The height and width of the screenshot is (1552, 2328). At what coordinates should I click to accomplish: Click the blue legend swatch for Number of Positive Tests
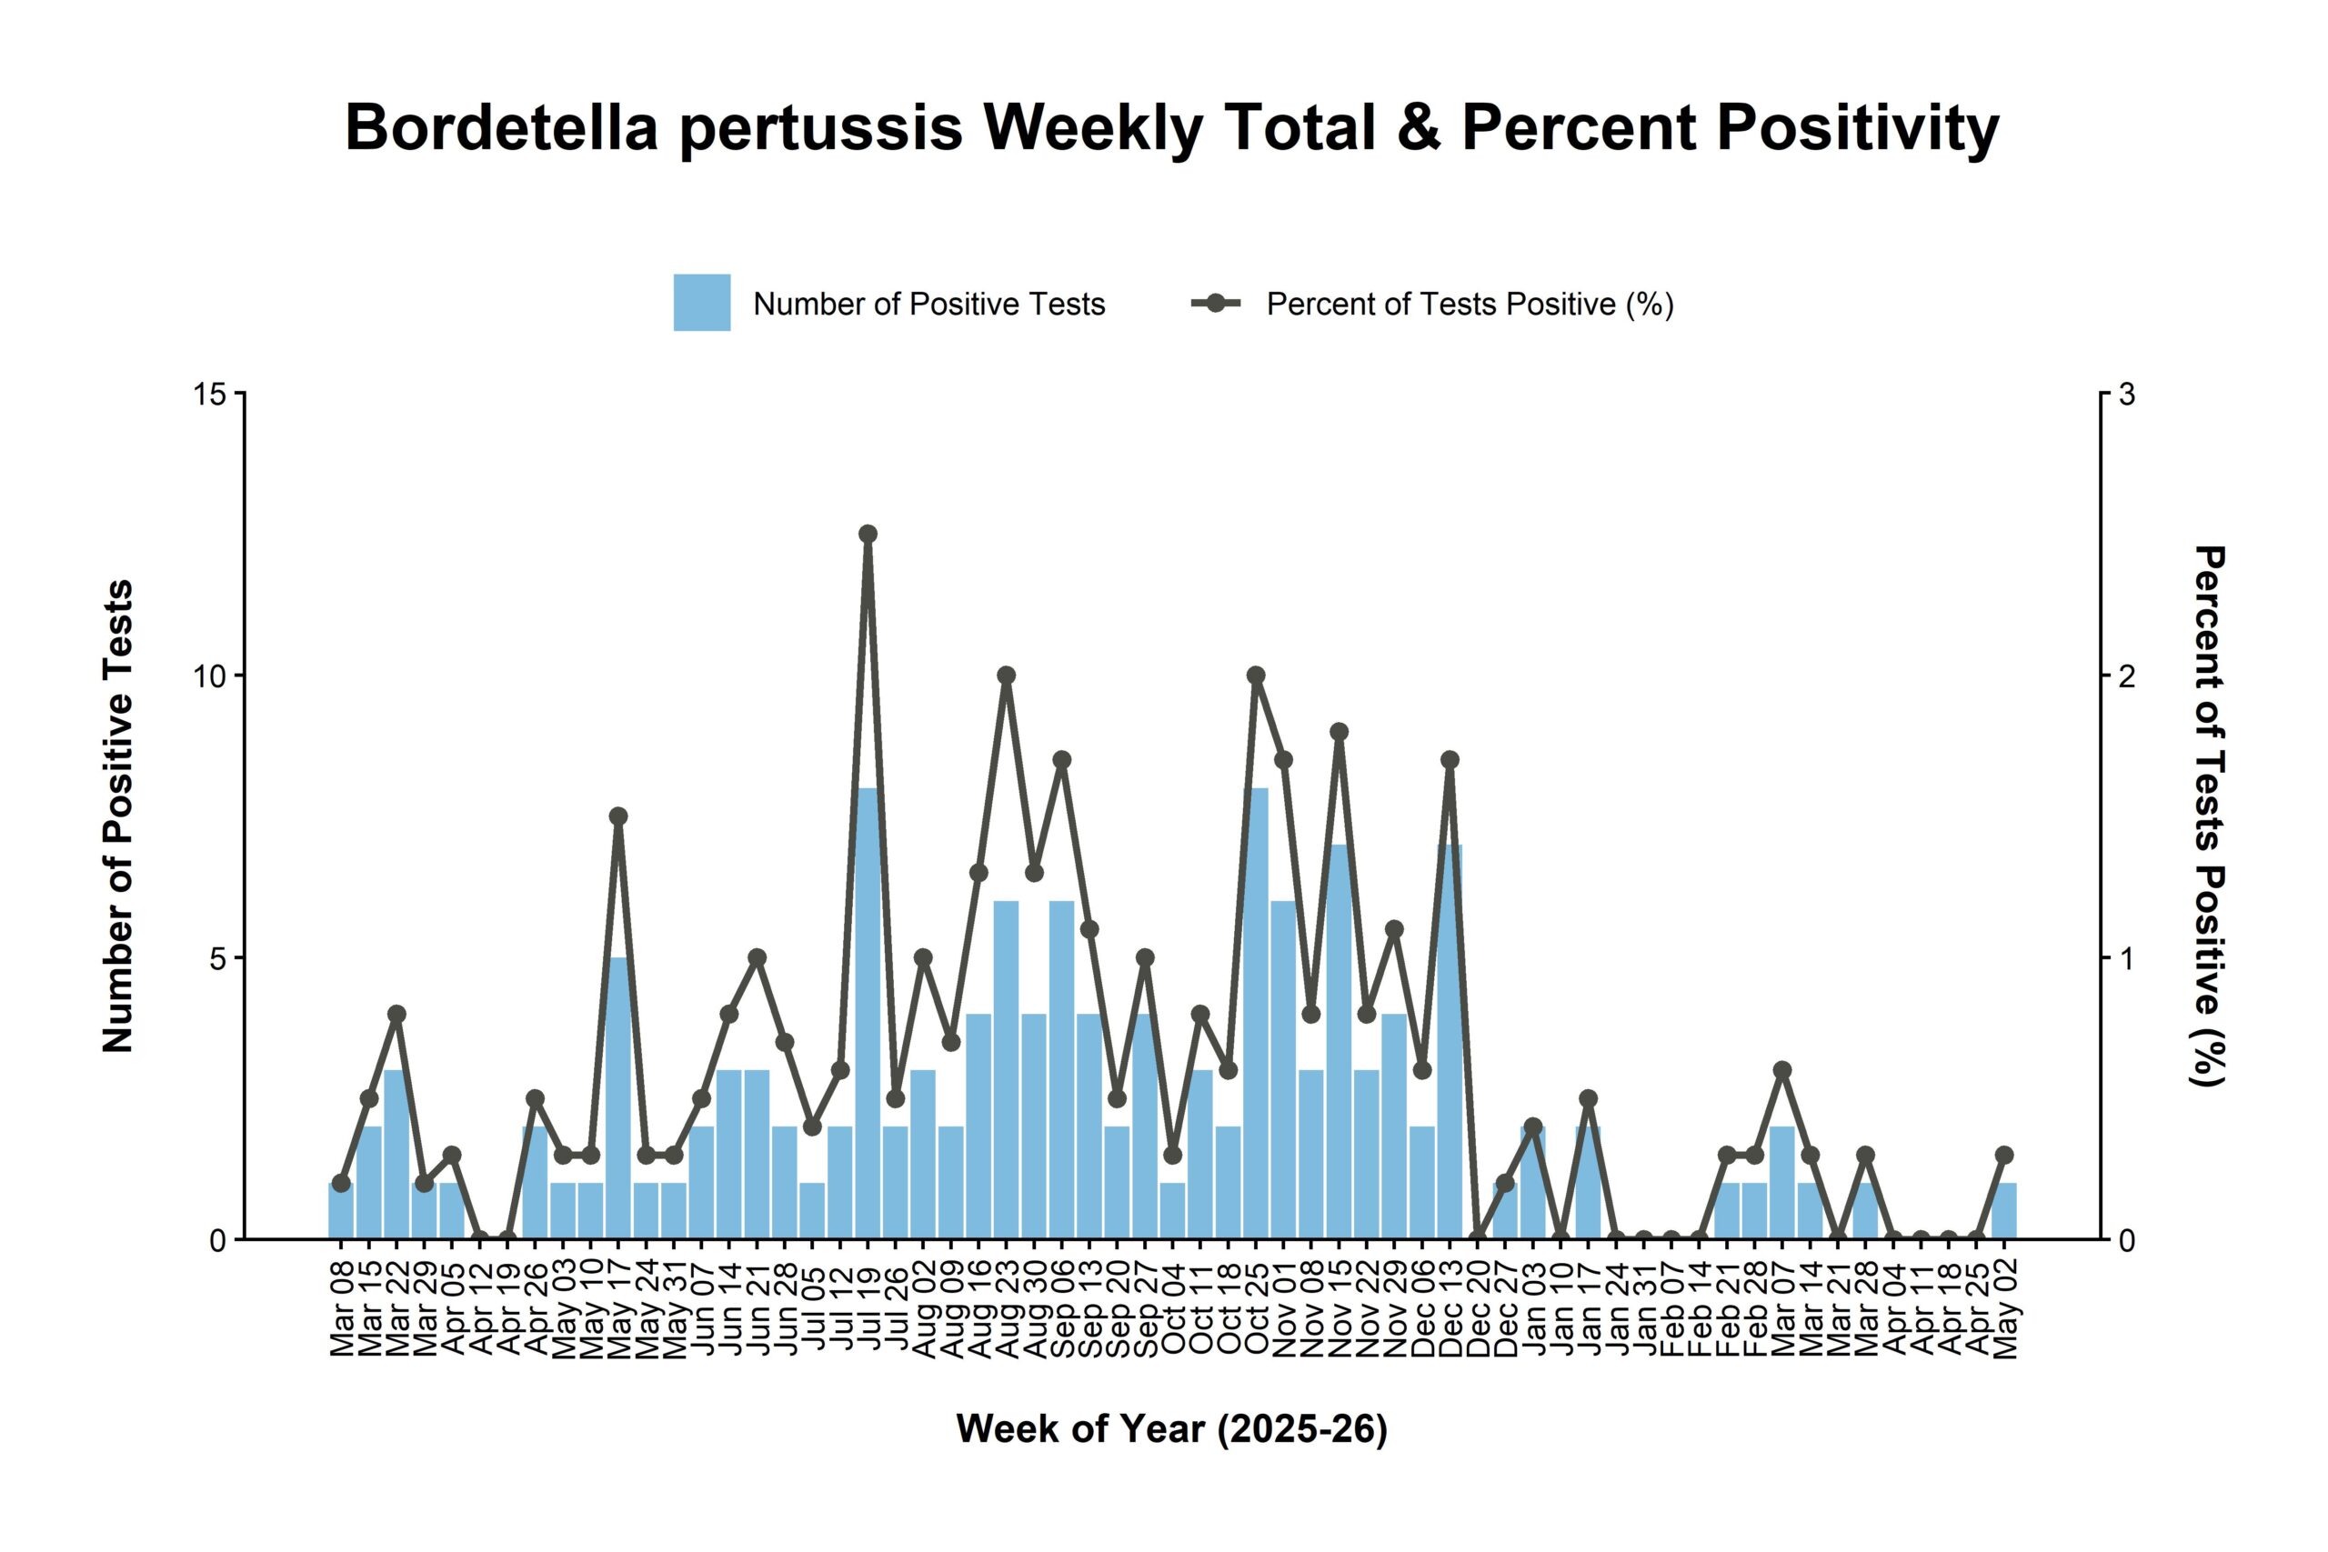[702, 303]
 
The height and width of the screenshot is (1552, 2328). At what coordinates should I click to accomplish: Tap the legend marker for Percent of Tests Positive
[1217, 303]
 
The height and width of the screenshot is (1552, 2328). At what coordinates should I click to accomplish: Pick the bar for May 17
[618, 1097]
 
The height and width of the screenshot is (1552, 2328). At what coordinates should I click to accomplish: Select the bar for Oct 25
[1256, 1014]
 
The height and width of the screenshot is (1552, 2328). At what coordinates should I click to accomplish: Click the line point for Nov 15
[1340, 733]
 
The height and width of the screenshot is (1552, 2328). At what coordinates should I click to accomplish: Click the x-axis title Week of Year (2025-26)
[1172, 1429]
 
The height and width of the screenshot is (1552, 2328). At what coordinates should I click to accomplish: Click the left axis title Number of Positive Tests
[118, 816]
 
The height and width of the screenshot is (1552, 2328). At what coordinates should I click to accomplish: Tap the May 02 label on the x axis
[2005, 1303]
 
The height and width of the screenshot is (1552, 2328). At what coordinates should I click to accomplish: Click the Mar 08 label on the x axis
[343, 1303]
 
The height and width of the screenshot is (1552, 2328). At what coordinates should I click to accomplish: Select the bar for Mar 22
[396, 1154]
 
